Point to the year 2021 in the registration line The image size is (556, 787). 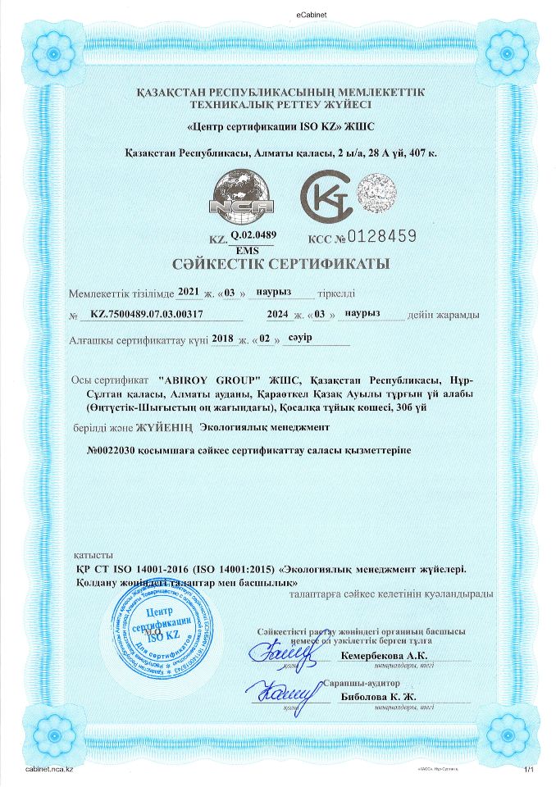pos(189,292)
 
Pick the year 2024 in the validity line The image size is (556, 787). pos(280,314)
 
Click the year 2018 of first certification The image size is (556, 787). pos(222,338)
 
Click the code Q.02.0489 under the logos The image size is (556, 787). pos(254,234)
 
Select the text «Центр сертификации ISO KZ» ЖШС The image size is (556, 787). pos(277,127)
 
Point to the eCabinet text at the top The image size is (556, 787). pos(277,15)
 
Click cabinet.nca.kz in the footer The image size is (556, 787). pos(49,770)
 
